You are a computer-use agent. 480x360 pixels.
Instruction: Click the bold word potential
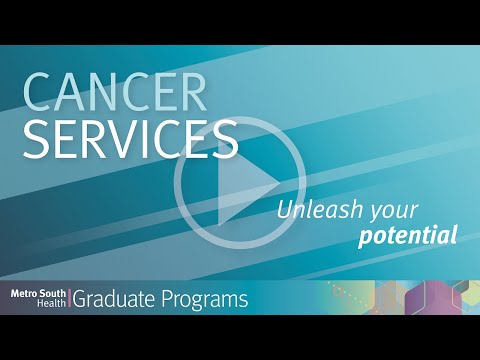[408, 237]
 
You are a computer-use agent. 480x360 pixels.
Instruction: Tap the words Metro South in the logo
[38, 293]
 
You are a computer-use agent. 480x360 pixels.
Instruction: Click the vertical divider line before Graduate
[70, 299]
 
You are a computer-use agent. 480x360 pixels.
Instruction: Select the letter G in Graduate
[82, 299]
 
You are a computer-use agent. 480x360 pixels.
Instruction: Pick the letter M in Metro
[15, 293]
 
